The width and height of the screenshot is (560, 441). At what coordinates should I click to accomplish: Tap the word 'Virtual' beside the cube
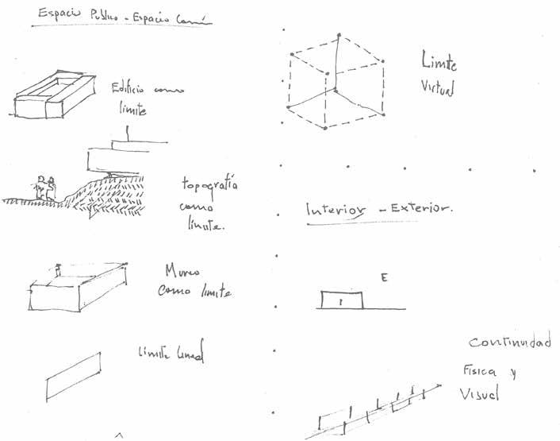tap(438, 90)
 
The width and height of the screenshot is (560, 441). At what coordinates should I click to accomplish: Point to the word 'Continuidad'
tap(510, 343)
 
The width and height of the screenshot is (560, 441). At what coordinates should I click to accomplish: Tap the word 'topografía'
tap(210, 186)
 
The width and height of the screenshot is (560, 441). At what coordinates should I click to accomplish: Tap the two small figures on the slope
tap(44, 188)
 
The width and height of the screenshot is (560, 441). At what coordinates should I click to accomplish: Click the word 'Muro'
tap(182, 271)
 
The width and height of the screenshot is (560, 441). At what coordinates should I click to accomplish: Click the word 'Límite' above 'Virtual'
tap(440, 64)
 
